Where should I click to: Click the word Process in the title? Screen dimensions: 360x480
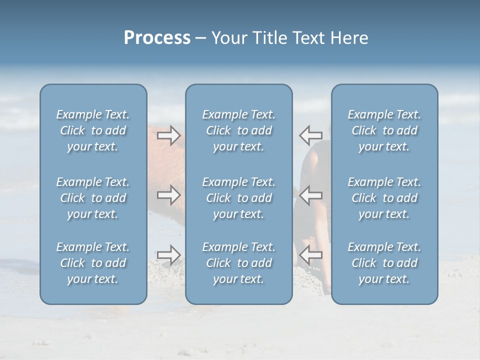pos(157,38)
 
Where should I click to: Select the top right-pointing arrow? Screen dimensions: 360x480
pos(168,135)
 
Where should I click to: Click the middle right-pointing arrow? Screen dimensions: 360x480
pos(168,195)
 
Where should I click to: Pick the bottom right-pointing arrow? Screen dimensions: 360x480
pos(168,255)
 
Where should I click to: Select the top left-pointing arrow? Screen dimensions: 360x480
pos(310,135)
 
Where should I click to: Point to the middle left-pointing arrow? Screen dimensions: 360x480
pos(310,195)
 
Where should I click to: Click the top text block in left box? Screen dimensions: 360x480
pos(93,130)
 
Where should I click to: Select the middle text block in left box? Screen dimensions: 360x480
pos(93,198)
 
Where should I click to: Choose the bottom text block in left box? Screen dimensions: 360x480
pos(93,263)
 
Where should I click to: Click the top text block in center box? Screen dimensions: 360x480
pos(239,130)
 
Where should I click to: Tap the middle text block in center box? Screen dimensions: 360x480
pos(239,198)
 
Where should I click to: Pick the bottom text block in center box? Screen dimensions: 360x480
pos(239,263)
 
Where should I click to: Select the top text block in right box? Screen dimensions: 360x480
pos(384,130)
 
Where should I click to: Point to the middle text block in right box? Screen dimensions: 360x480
pos(384,198)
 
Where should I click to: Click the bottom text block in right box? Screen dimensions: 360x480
pos(384,263)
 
